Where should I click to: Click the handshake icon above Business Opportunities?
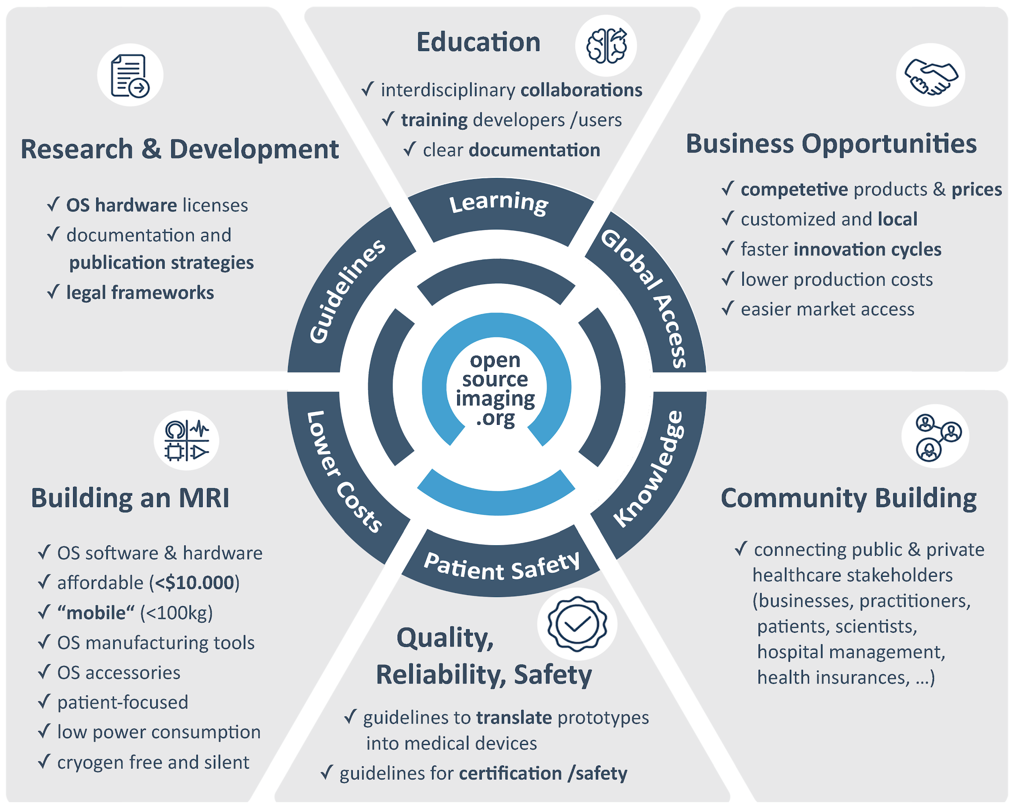(x=930, y=75)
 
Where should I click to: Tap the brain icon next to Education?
(x=606, y=46)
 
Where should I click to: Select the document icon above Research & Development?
(x=130, y=75)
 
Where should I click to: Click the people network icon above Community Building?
(x=935, y=436)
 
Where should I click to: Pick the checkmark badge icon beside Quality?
(x=577, y=624)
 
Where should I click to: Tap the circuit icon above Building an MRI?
(x=186, y=441)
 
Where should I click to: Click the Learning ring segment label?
(x=498, y=203)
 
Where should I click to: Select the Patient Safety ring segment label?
(x=501, y=567)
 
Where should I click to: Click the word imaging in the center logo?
(x=495, y=399)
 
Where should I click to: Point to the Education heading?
(x=478, y=42)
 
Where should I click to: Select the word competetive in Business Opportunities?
(x=794, y=189)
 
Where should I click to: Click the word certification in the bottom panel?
(x=510, y=773)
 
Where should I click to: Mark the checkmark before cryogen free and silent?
(x=44, y=761)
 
